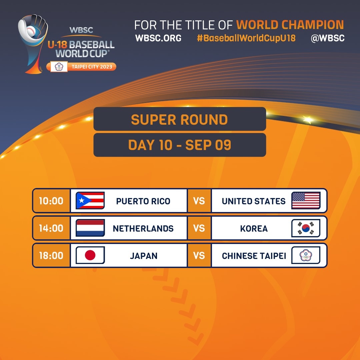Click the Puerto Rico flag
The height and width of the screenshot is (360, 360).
tap(90, 200)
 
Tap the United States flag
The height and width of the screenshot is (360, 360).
tap(306, 200)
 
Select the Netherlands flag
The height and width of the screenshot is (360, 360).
tap(90, 228)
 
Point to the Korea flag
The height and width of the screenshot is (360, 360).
tap(306, 228)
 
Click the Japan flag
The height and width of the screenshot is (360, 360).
tap(90, 255)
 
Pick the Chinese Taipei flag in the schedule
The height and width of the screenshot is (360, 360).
tap(306, 255)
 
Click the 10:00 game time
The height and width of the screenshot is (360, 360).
tap(51, 201)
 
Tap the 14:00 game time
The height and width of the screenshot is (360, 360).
tap(51, 228)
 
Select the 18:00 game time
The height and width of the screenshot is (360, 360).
tap(51, 256)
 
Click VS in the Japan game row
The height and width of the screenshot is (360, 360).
tap(199, 256)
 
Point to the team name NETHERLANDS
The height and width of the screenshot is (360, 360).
tap(143, 228)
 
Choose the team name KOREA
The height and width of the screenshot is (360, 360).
tap(254, 228)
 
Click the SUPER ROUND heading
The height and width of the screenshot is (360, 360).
tap(179, 120)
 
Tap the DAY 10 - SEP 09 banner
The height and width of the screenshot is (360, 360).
tap(180, 145)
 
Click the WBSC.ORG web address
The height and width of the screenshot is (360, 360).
tap(158, 38)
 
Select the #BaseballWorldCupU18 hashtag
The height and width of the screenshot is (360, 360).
tap(246, 38)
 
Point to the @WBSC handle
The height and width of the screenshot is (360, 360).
tap(328, 38)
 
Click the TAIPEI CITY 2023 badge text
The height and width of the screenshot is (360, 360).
tap(92, 67)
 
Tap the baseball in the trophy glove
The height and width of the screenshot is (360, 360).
tap(31, 31)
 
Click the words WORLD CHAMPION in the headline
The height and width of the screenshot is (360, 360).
tap(290, 25)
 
